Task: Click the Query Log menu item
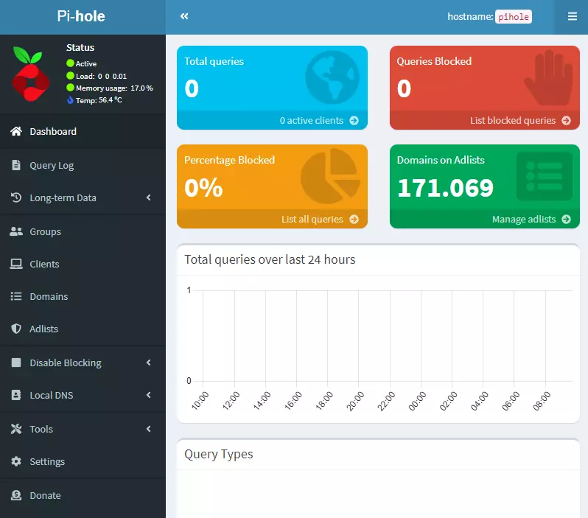tap(52, 166)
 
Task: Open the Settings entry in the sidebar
tap(47, 462)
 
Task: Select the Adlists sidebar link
tap(43, 329)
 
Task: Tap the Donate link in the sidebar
tap(45, 496)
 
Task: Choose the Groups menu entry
tap(45, 232)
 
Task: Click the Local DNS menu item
tap(51, 396)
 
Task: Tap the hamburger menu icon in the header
tap(572, 16)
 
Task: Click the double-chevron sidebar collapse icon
tap(184, 16)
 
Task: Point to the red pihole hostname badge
tap(513, 17)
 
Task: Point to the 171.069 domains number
tap(445, 188)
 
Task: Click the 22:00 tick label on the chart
tap(385, 401)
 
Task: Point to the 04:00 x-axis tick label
tap(478, 401)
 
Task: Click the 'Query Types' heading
tap(218, 454)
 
